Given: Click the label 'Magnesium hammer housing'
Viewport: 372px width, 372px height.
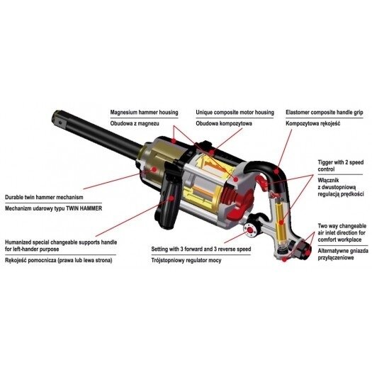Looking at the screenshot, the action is [144, 112].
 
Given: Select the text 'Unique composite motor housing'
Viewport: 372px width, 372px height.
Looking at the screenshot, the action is [235, 112].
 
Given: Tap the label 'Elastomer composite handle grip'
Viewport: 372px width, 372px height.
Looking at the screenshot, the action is [325, 112].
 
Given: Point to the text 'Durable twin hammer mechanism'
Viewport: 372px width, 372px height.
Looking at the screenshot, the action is [44, 197].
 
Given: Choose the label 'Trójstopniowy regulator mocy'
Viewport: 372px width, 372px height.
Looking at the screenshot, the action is [186, 260].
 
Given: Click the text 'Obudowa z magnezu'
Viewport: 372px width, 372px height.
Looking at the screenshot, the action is [135, 123].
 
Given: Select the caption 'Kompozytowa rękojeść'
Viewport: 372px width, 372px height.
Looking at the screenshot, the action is [313, 123].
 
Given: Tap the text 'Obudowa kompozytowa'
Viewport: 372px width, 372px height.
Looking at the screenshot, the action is [224, 123].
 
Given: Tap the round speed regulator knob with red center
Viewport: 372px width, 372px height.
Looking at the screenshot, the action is [251, 230].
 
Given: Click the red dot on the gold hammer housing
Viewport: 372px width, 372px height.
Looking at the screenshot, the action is [154, 169].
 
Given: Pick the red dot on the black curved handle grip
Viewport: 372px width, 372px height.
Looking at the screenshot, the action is [276, 171].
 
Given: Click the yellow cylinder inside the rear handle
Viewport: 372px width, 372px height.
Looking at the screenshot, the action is [281, 222].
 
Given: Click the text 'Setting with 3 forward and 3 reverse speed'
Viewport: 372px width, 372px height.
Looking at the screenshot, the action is [201, 249].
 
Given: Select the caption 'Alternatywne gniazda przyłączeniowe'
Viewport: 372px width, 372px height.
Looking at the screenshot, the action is [343, 254].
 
